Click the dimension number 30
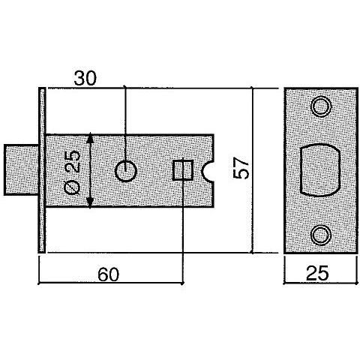click(85, 78)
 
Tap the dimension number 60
click(109, 274)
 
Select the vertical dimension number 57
click(241, 168)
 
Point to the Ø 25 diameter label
click(72, 172)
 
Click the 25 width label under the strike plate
click(317, 273)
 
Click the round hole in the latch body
click(126, 172)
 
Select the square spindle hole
click(183, 170)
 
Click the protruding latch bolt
click(22, 169)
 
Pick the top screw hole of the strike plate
click(321, 106)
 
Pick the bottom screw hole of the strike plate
click(321, 235)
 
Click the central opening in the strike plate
click(320, 170)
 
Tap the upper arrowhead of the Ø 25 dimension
click(90, 138)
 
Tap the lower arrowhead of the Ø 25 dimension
click(90, 202)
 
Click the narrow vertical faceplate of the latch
click(42, 170)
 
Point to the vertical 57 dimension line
click(252, 170)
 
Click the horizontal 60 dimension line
click(111, 283)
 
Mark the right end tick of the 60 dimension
click(183, 283)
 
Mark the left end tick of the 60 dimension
click(39, 283)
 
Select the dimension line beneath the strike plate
click(320, 283)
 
